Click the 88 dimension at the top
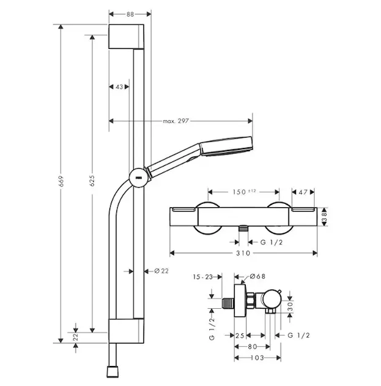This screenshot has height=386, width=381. pos(130,14)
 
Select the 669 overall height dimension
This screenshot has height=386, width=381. pos(61,181)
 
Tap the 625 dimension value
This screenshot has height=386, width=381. pos(92,181)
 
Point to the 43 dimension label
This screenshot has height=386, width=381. pos(119,87)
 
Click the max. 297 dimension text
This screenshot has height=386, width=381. pos(176,121)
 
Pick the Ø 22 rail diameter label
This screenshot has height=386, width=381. pos(162,271)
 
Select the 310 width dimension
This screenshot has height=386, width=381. pos(243,253)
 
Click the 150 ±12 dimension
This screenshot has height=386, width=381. pos(245,192)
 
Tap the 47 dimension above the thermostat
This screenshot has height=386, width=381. pos(303,192)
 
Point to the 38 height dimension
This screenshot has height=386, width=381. pos(324,217)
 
